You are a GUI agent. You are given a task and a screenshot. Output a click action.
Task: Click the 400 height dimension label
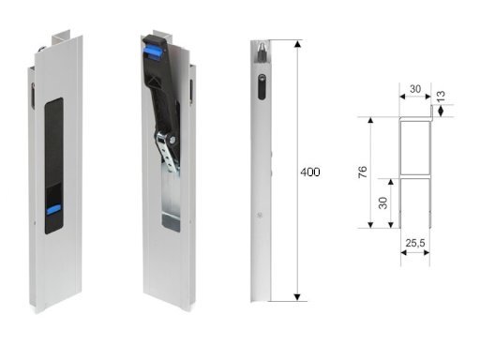(310, 172)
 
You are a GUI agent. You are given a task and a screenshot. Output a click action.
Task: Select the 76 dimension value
(363, 172)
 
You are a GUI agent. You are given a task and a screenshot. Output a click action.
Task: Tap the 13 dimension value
(441, 97)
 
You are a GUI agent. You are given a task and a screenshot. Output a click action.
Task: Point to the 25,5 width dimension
(415, 243)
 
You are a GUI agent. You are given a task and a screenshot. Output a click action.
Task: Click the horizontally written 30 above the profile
(415, 89)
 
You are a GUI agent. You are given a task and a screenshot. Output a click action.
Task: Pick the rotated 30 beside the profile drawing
(382, 203)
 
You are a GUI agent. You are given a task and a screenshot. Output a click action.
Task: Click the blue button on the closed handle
(53, 210)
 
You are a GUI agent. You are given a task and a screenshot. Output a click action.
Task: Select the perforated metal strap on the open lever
(167, 152)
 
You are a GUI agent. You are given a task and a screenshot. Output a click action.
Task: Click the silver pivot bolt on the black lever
(172, 140)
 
